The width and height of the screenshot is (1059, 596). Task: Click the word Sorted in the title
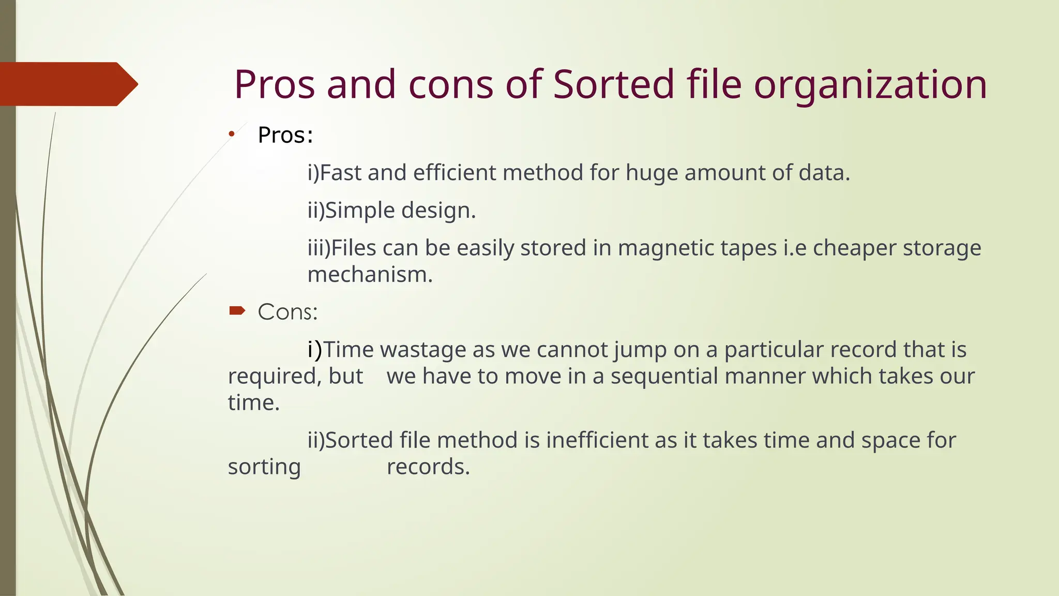pyautogui.click(x=613, y=84)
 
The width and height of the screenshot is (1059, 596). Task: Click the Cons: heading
pyautogui.click(x=288, y=312)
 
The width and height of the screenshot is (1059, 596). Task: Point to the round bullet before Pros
pyautogui.click(x=232, y=135)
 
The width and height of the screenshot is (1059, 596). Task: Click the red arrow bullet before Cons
pyautogui.click(x=237, y=310)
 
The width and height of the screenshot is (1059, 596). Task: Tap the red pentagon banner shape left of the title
pyautogui.click(x=67, y=84)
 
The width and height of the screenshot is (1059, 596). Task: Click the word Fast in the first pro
pyautogui.click(x=341, y=173)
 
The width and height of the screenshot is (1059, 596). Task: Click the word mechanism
pyautogui.click(x=370, y=275)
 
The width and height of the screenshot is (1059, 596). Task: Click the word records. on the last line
pyautogui.click(x=428, y=467)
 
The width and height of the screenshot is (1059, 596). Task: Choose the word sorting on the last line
pyautogui.click(x=264, y=467)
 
